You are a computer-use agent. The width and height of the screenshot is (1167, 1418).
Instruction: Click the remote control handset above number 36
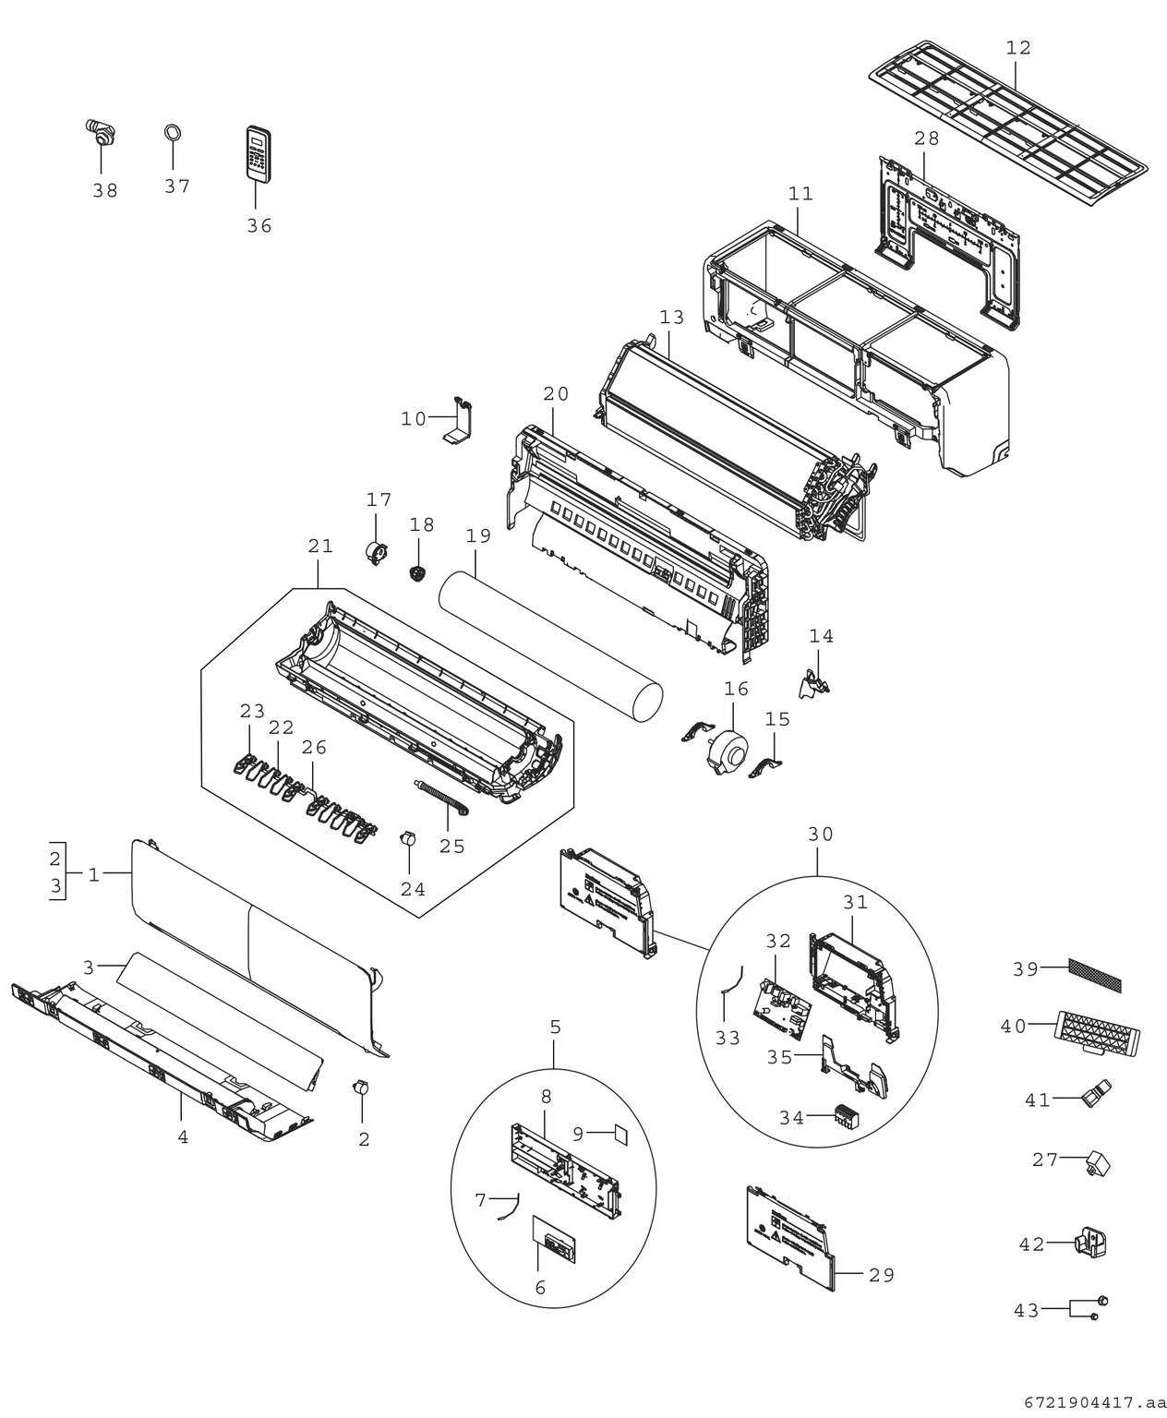pos(259,153)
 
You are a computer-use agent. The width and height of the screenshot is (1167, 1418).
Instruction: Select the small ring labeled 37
pos(173,132)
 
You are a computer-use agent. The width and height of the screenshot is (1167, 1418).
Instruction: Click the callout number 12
pos(1018,48)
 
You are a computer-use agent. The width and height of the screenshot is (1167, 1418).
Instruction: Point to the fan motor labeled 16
pos(727,752)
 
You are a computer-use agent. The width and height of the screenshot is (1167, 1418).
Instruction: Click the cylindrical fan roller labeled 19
pos(550,646)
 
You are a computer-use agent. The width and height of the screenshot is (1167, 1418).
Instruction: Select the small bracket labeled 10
pos(460,419)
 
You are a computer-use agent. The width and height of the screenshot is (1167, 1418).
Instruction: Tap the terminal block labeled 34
pos(846,1117)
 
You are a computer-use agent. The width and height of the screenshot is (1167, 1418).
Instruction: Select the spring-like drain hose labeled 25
pos(442,797)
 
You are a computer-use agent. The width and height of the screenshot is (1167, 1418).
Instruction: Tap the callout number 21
pos(320,546)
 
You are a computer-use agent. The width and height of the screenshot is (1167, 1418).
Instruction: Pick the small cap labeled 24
pos(408,839)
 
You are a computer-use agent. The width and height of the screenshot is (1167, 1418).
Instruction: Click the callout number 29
pos(881,1275)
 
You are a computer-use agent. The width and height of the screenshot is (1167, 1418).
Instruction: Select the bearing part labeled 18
pos(418,573)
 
